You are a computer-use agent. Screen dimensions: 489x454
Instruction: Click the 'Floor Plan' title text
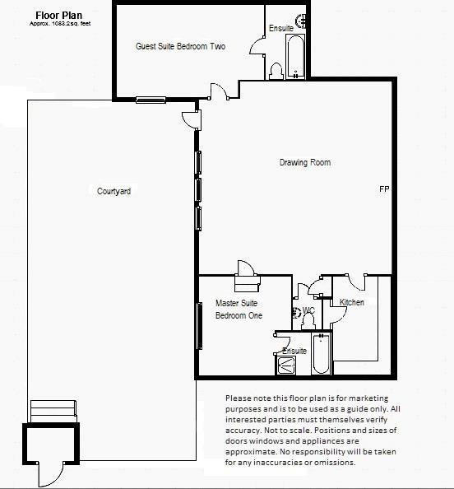(x=57, y=15)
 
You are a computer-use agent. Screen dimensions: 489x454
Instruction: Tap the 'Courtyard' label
(x=113, y=191)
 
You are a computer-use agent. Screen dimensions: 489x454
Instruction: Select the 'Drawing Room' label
(x=303, y=163)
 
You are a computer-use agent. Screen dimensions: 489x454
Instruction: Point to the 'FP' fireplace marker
(x=383, y=189)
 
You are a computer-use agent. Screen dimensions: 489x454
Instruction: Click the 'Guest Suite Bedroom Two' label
(x=180, y=47)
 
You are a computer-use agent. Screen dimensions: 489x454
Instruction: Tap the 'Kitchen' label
(x=352, y=302)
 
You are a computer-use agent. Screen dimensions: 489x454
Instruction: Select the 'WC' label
(x=309, y=310)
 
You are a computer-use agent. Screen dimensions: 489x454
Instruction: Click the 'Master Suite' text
(x=236, y=303)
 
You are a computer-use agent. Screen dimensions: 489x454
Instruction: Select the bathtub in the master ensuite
(x=321, y=353)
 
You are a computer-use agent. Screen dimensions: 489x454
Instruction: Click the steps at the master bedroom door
(x=247, y=284)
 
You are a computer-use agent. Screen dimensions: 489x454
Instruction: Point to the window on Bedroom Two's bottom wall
(x=151, y=100)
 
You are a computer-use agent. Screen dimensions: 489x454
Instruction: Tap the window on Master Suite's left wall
(x=198, y=326)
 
